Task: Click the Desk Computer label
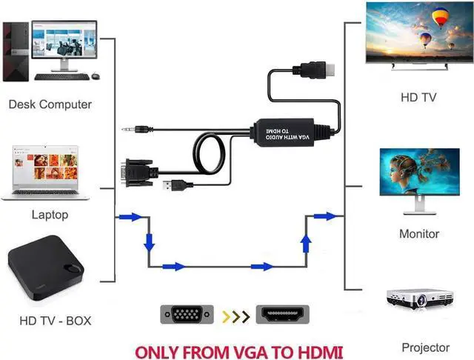[50, 104]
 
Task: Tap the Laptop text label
[50, 215]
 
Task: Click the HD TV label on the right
[418, 97]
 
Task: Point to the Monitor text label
[419, 234]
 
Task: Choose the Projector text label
[425, 347]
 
